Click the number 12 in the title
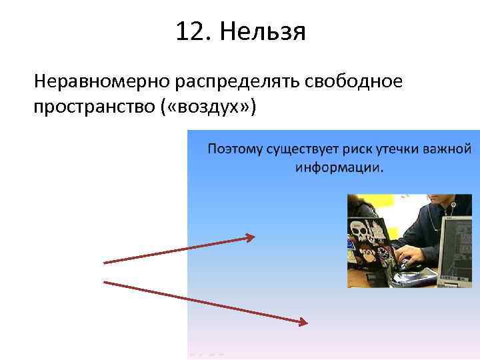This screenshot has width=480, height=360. coord(188,31)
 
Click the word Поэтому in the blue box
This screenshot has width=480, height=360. coord(235,148)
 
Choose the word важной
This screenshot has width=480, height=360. coord(448,147)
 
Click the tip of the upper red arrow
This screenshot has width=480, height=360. coord(253,235)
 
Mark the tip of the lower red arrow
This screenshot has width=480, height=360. coord(307,323)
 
